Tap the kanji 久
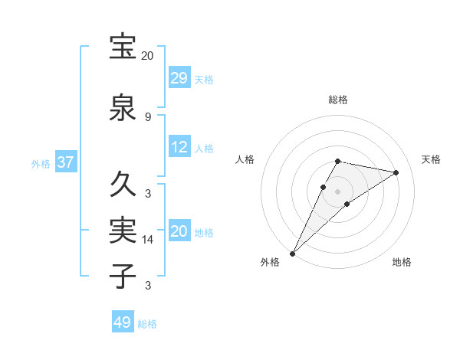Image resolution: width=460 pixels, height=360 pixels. coord(123,184)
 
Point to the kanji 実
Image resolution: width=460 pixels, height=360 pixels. coord(123,230)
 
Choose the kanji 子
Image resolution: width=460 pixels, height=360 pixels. coord(123,276)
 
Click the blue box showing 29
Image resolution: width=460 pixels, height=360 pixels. coord(179,78)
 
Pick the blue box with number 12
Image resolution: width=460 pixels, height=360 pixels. coord(179,147)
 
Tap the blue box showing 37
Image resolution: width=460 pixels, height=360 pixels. coord(65,162)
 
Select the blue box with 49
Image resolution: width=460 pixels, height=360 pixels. coord(123,322)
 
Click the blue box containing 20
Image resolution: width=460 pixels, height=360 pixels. coord(179,231)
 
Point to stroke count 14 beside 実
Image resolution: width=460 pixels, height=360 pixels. coord(148,241)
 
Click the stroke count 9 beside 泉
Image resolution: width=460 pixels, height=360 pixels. coord(148,117)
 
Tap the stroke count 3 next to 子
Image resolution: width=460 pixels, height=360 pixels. coord(148,286)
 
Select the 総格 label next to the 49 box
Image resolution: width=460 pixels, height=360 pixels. coord(147,324)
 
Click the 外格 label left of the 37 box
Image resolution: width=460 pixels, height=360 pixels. coord(41,164)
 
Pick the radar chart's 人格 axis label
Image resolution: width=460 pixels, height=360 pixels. coord(245,159)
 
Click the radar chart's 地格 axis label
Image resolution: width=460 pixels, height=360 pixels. coord(402,262)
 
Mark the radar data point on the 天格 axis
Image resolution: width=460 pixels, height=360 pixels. coord(396,173)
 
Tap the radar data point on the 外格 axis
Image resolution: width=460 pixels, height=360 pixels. coord(292,253)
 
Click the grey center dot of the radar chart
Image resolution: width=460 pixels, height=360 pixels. coord(338,191)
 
